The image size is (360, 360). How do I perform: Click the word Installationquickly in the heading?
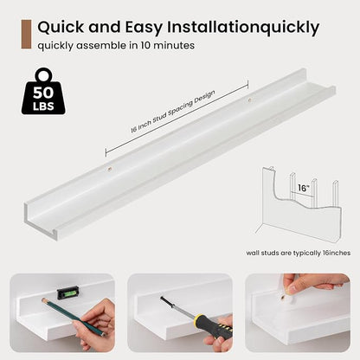(243, 28)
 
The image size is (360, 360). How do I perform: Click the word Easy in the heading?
(143, 28)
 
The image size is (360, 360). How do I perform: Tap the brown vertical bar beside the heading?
(26, 35)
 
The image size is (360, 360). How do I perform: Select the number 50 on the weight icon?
(43, 93)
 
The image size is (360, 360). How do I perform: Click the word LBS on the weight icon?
(43, 106)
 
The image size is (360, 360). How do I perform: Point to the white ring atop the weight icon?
(44, 75)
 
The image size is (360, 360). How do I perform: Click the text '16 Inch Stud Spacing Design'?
(172, 112)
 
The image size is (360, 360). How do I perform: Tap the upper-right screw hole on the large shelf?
(250, 100)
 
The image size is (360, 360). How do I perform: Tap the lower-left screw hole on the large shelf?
(110, 168)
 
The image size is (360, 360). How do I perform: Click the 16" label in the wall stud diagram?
(304, 188)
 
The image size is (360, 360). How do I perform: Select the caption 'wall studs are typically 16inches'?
(299, 253)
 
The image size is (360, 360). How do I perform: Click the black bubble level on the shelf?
(69, 292)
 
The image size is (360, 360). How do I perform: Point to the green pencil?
(74, 318)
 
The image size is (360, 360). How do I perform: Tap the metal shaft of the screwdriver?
(177, 306)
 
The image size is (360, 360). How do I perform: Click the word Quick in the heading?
(61, 28)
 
